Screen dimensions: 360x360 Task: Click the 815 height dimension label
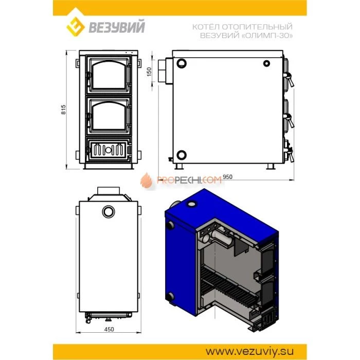click(x=63, y=110)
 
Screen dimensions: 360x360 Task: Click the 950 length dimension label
click(x=227, y=177)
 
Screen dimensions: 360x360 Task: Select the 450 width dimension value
click(x=109, y=329)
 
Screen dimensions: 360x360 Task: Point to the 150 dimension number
click(x=149, y=71)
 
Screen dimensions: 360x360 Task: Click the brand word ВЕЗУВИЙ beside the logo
click(x=117, y=26)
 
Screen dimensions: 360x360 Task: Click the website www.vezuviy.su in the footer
click(x=249, y=351)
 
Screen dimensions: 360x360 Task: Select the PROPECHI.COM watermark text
click(x=189, y=180)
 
